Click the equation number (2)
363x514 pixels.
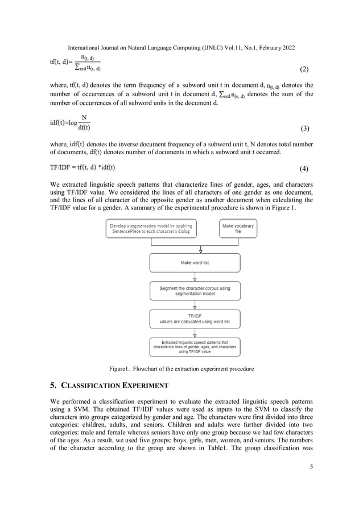coord(303,69)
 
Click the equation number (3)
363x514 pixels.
coord(303,129)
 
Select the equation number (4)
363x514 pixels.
coord(303,170)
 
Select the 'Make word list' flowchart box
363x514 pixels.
coord(195,263)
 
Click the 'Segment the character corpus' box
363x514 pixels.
coord(195,291)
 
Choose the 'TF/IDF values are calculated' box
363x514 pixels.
coord(195,319)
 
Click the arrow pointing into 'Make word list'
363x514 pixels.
coord(195,249)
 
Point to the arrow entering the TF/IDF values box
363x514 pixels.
coord(195,305)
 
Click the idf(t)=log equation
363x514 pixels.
coord(71,122)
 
